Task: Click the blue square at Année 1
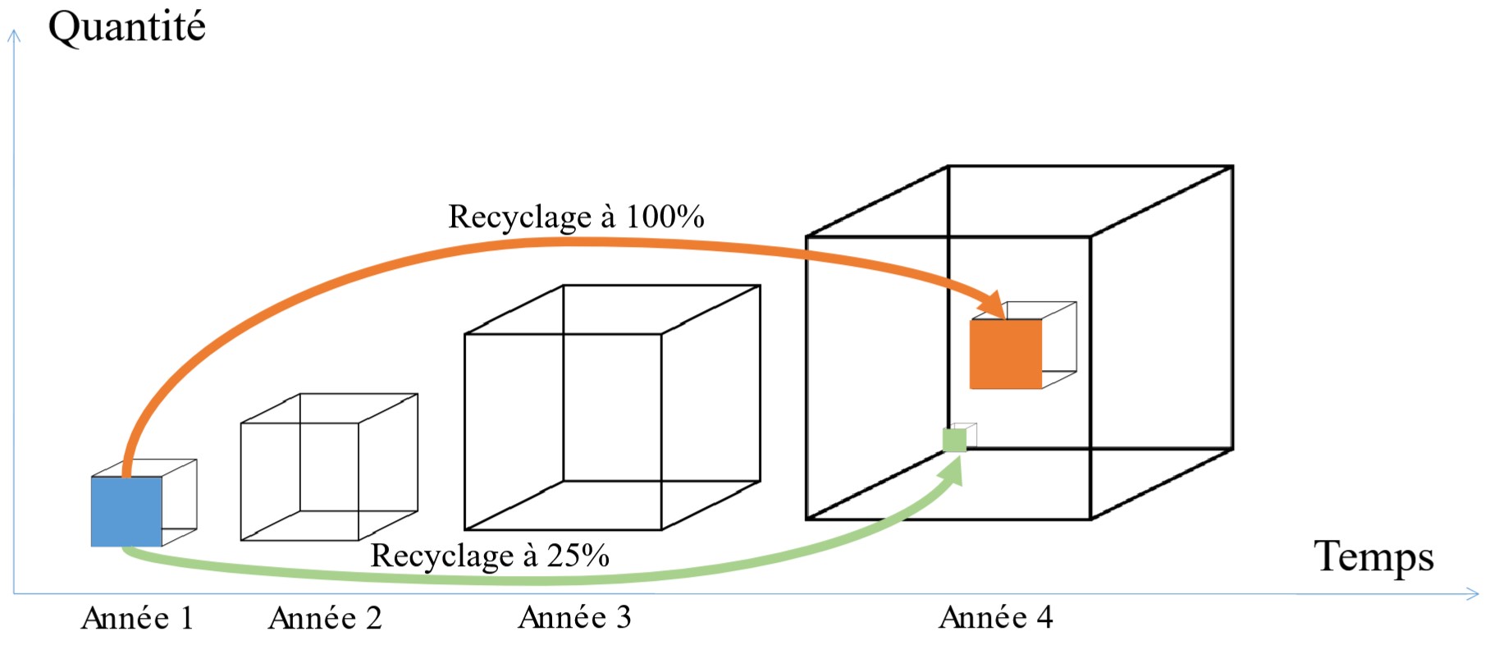(126, 511)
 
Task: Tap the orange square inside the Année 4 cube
(1005, 354)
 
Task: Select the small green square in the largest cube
(954, 440)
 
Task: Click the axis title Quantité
(126, 27)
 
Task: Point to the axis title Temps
(1373, 557)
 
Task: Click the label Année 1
(137, 618)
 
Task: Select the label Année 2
(325, 618)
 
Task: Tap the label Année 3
(574, 617)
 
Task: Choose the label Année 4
(995, 617)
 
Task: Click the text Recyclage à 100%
(576, 217)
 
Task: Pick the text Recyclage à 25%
(490, 556)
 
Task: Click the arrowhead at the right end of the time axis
(1473, 593)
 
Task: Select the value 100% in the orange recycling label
(665, 217)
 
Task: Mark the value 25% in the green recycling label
(578, 556)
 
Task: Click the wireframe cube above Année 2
(329, 467)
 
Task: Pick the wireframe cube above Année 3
(612, 408)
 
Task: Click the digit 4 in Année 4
(1044, 617)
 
